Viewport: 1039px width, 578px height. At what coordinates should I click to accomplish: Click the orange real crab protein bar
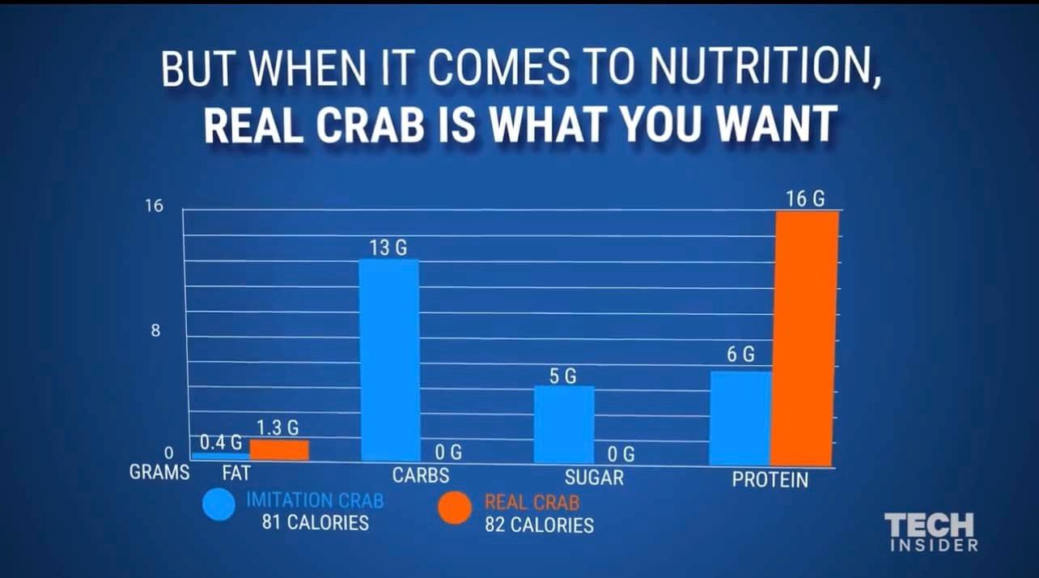[806, 338]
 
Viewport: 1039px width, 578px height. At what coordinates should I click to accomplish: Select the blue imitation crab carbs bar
[389, 360]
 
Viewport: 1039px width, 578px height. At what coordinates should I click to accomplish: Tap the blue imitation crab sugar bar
[564, 424]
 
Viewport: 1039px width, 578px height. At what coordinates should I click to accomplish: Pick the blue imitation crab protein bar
[740, 418]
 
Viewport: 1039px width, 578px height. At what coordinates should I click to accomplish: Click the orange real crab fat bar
[279, 450]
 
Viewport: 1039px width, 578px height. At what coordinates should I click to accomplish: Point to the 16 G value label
[805, 198]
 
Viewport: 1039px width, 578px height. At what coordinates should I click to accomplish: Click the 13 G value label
[388, 248]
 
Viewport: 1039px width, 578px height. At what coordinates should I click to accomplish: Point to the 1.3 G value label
[278, 427]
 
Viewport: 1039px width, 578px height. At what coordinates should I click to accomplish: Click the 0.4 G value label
[221, 442]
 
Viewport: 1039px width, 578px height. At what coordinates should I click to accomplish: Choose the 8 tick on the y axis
[156, 330]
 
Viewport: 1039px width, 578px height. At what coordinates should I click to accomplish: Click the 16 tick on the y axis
[154, 206]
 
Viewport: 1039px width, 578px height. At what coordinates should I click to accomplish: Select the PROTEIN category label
[770, 479]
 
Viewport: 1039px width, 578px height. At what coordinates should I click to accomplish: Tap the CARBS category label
[420, 475]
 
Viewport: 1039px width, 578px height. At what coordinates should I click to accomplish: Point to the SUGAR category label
[594, 478]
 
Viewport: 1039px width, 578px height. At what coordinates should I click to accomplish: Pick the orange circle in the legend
[455, 508]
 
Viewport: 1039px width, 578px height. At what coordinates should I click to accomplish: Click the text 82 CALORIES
[539, 525]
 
